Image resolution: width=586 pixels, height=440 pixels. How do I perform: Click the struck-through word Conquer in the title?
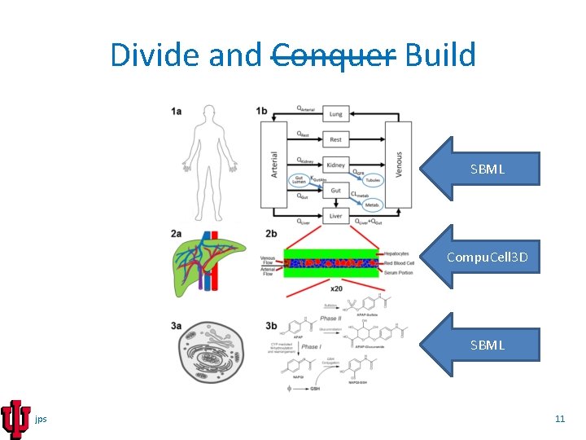pyautogui.click(x=333, y=55)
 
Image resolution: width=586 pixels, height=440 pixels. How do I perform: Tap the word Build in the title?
pyautogui.click(x=439, y=55)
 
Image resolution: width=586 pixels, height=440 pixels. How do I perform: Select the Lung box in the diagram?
pyautogui.click(x=335, y=115)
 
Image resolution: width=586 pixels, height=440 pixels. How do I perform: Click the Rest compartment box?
pyautogui.click(x=335, y=139)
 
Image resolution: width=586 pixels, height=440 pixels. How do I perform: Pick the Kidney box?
pyautogui.click(x=335, y=165)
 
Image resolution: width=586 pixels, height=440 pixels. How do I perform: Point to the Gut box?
pyautogui.click(x=335, y=190)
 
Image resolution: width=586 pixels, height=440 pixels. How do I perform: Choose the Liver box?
pyautogui.click(x=335, y=216)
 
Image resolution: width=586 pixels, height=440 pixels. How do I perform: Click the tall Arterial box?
pyautogui.click(x=275, y=165)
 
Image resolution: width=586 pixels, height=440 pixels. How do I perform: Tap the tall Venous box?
pyautogui.click(x=398, y=165)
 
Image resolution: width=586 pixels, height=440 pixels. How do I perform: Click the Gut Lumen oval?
pyautogui.click(x=298, y=179)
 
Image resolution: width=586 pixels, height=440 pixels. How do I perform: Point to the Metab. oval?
pyautogui.click(x=372, y=205)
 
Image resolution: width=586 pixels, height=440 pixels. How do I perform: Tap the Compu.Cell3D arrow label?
pyautogui.click(x=487, y=258)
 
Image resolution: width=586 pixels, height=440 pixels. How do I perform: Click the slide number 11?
pyautogui.click(x=559, y=419)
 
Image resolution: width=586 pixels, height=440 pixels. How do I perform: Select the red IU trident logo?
pyautogui.click(x=15, y=419)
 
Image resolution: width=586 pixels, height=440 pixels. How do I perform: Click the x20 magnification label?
pyautogui.click(x=335, y=289)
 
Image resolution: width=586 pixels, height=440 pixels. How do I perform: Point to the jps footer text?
pyautogui.click(x=42, y=419)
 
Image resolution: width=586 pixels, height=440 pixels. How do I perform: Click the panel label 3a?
pyautogui.click(x=177, y=326)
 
